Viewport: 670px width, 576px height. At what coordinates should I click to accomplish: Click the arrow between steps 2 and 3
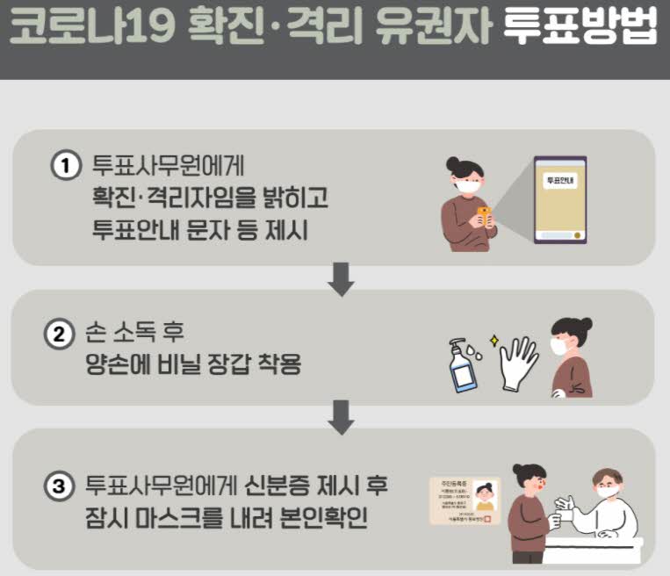(x=341, y=416)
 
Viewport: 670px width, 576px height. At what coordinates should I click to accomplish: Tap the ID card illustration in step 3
(x=464, y=500)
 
